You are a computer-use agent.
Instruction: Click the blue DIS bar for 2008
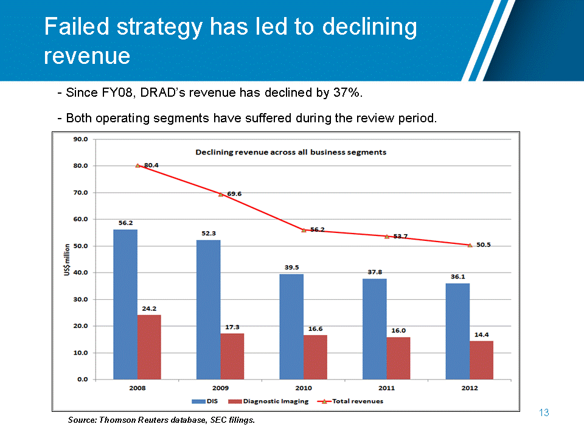(x=125, y=304)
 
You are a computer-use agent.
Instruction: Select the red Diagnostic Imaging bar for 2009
(x=232, y=356)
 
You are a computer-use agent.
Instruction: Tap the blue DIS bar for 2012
(x=457, y=331)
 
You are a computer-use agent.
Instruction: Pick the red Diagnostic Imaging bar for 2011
(x=398, y=358)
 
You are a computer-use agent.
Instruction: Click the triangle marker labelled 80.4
(x=137, y=165)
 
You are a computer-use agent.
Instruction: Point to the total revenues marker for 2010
(x=304, y=230)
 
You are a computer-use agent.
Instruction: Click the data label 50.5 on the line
(x=483, y=245)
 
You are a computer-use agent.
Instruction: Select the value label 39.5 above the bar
(x=291, y=267)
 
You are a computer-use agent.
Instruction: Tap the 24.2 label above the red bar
(x=149, y=308)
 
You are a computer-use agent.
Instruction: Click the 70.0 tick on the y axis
(x=80, y=192)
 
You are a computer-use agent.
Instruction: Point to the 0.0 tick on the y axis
(x=82, y=379)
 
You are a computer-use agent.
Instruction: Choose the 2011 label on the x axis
(x=386, y=388)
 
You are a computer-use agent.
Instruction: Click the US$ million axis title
(x=67, y=260)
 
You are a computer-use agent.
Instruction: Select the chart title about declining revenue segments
(x=291, y=152)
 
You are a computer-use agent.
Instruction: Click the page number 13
(x=544, y=413)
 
